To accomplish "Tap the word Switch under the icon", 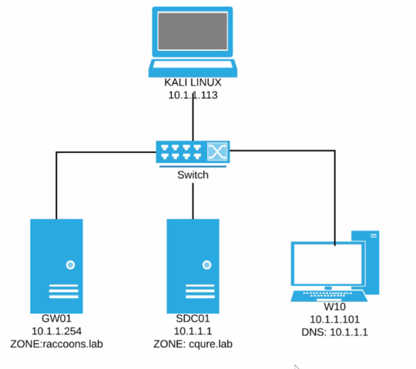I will point(193,175).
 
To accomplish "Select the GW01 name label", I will point(56,318).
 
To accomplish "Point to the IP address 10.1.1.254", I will point(56,331).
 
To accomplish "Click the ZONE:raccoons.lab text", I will point(56,343).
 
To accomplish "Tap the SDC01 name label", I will point(193,318).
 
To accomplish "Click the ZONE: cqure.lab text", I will point(193,343).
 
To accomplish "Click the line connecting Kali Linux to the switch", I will point(193,119).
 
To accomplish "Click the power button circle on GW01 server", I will point(71,264).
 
